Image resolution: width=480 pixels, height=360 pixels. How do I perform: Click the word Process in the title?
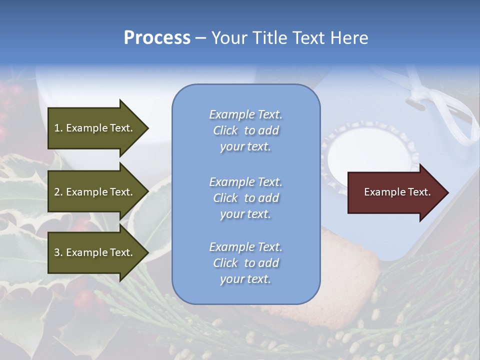[157, 38]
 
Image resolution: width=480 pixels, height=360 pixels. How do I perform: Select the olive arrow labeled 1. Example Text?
[95, 128]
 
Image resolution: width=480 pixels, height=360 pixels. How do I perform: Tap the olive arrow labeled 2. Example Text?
[95, 192]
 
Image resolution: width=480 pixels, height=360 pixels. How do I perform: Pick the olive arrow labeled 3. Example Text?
[95, 252]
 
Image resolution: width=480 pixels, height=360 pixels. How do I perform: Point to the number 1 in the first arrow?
[57, 128]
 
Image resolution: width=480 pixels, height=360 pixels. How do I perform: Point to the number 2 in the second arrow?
[57, 192]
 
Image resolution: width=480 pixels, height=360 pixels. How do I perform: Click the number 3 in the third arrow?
[57, 252]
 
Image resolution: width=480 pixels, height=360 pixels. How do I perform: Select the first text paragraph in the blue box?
[245, 130]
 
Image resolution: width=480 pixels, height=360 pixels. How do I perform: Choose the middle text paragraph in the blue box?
[245, 198]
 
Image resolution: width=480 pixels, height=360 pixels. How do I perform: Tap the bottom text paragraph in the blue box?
[245, 263]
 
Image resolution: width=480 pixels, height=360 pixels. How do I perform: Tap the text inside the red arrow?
[397, 192]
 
